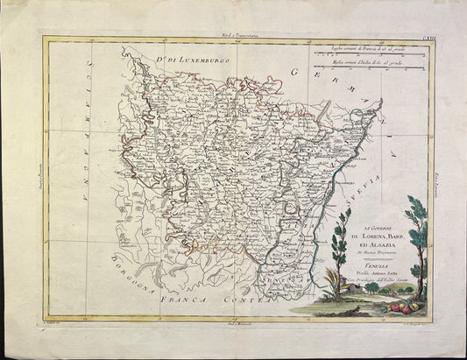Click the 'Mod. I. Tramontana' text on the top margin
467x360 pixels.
[x=232, y=32]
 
